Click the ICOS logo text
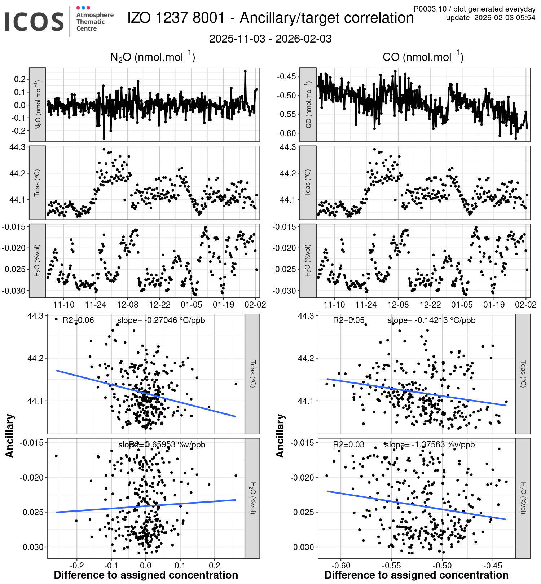coord(34,22)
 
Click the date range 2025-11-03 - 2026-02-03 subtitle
coord(270,39)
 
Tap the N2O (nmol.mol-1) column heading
coord(152,57)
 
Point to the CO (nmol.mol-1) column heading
coord(423,57)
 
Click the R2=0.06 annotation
coord(78,320)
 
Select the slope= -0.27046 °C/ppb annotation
coord(161,320)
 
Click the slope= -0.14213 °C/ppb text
coord(431,320)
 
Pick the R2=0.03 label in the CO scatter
coord(348,444)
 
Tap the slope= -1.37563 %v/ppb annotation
coord(430,444)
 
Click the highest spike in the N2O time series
coord(245,71)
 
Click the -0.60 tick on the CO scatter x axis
coord(340,565)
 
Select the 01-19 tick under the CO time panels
coord(494,305)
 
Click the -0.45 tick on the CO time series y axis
coord(286,76)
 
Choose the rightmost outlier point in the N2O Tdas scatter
coord(236,384)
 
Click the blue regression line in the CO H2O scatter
coord(417,505)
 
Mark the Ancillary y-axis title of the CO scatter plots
coord(280,436)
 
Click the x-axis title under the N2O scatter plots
coord(146,575)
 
